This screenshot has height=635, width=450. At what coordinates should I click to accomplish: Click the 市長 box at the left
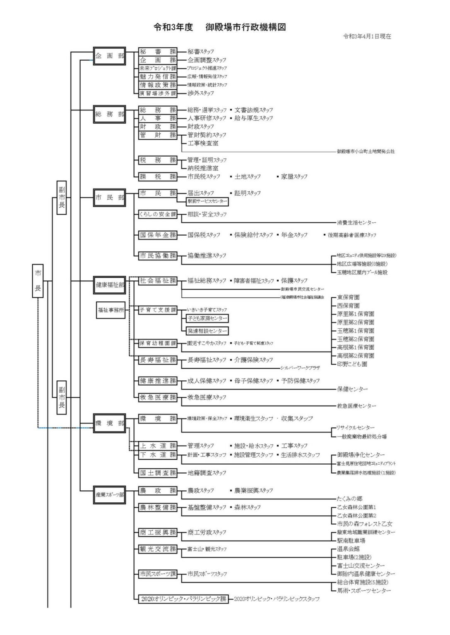tap(38, 281)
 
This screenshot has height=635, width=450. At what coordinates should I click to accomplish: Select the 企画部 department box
tap(109, 56)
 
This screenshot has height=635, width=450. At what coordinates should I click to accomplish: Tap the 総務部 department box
tap(109, 114)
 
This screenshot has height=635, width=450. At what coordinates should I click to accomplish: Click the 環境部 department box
tap(109, 423)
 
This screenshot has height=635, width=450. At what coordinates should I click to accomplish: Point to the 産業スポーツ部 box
tap(110, 494)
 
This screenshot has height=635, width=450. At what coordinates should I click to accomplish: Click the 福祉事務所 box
tap(111, 310)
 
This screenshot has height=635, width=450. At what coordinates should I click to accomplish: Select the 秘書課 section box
tap(157, 52)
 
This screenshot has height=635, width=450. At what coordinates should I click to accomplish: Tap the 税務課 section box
tap(157, 160)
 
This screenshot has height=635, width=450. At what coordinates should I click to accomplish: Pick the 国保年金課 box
tap(157, 235)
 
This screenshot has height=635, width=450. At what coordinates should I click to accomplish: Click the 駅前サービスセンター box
tap(207, 201)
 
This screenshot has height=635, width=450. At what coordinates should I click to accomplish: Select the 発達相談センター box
tap(207, 331)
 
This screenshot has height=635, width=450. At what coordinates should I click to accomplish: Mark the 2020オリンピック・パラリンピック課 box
tap(183, 599)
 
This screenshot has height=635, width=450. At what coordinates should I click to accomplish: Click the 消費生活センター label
tap(356, 222)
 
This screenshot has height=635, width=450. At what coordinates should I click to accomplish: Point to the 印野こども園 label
tap(352, 364)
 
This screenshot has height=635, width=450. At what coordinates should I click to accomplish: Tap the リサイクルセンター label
tap(356, 427)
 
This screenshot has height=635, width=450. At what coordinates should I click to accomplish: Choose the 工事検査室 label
tap(203, 143)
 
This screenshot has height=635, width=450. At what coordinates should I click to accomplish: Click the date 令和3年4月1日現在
tap(367, 36)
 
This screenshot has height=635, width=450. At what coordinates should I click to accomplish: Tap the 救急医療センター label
tap(356, 406)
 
